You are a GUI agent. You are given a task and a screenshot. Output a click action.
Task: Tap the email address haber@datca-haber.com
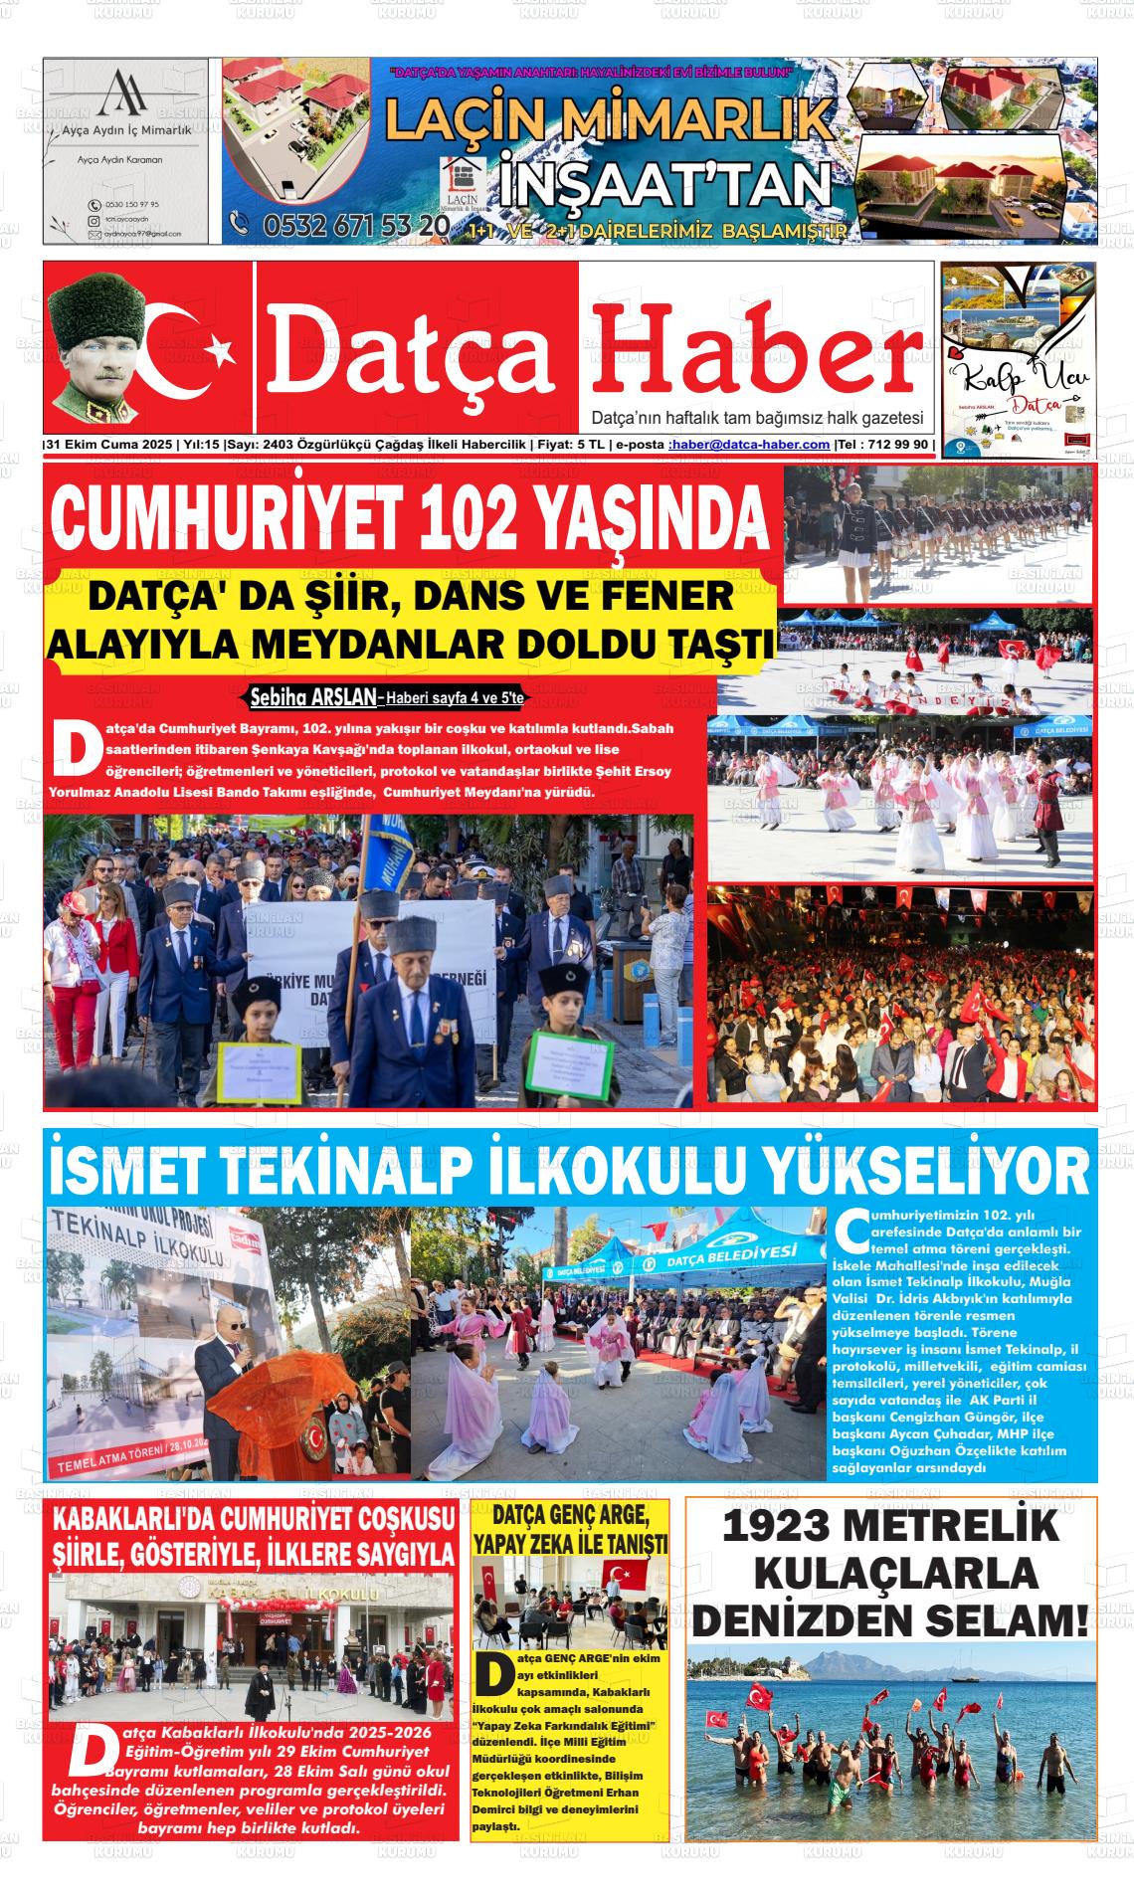point(750,445)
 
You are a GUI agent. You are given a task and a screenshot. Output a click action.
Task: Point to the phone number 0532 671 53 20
point(354,227)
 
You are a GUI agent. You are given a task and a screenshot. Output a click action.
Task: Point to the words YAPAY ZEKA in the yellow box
point(535,1545)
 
